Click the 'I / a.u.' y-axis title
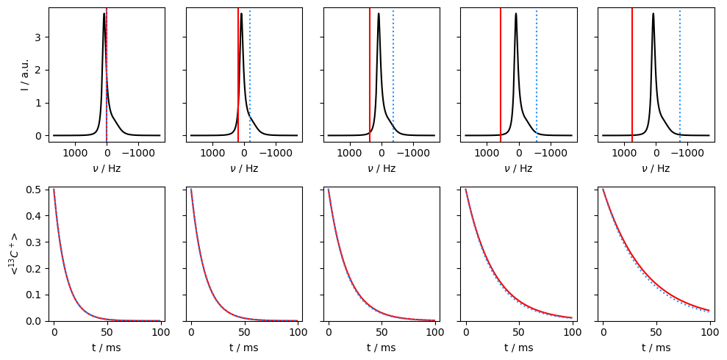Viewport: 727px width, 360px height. pos(24,74)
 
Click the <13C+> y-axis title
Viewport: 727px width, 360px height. pos(13,253)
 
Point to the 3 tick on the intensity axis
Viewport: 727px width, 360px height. pos(37,37)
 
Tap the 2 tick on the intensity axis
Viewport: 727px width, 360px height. pos(37,71)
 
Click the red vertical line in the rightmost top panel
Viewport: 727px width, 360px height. pos(632,73)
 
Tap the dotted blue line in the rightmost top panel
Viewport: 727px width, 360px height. pos(680,73)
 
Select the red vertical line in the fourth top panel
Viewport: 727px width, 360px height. pos(501,73)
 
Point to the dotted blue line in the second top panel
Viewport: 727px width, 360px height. pos(250,73)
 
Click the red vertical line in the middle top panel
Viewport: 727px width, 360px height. pos(370,73)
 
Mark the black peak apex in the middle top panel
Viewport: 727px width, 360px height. pos(379,14)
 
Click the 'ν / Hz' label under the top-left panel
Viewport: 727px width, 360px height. pos(107,168)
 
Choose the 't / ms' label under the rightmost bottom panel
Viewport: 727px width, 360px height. pos(656,348)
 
